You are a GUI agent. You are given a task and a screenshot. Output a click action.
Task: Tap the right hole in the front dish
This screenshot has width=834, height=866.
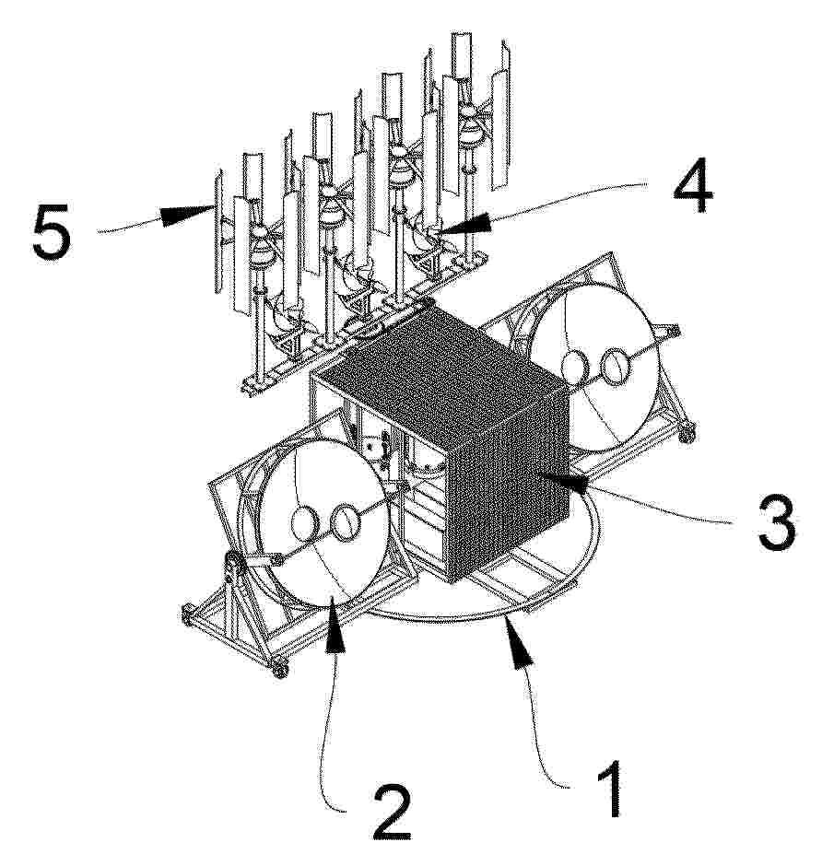345,523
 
